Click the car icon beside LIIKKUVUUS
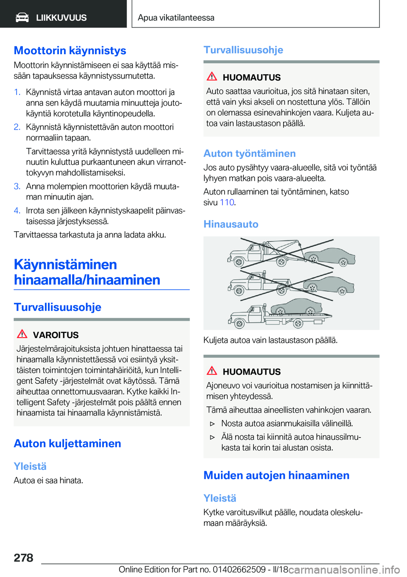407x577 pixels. click(x=22, y=17)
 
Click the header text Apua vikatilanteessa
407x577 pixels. click(x=176, y=18)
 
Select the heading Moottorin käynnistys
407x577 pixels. click(x=70, y=50)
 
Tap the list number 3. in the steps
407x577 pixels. click(x=17, y=186)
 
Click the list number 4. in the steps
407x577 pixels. click(x=17, y=211)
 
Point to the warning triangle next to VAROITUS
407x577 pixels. click(x=22, y=334)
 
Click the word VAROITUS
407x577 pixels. click(x=56, y=335)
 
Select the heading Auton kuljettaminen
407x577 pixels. click(x=67, y=444)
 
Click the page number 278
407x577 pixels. click(x=23, y=558)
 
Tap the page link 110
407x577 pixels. click(x=227, y=203)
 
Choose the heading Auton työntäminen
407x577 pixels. click(x=249, y=153)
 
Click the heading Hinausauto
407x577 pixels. click(x=231, y=224)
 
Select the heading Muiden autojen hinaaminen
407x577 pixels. click(x=276, y=475)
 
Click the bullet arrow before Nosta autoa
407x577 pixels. click(x=213, y=424)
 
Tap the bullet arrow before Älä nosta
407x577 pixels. click(x=213, y=437)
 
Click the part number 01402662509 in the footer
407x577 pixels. click(x=239, y=569)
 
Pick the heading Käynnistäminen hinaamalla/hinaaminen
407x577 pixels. click(x=87, y=272)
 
